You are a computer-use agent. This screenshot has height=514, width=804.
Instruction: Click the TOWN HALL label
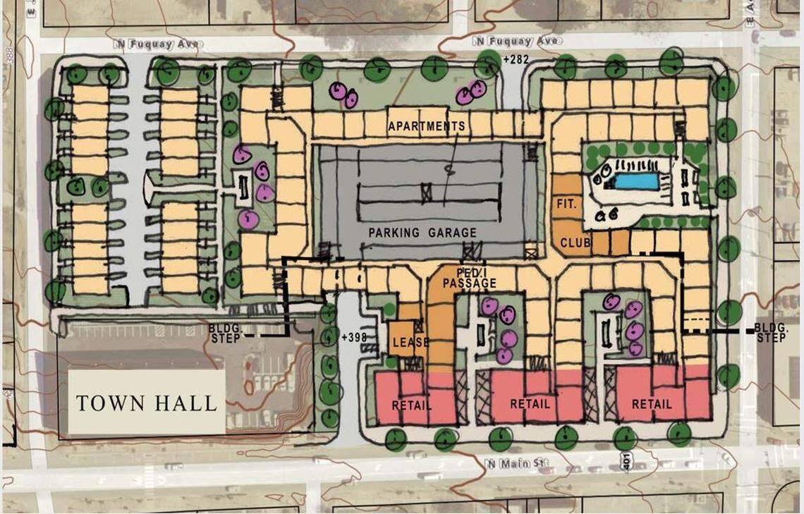tap(146, 403)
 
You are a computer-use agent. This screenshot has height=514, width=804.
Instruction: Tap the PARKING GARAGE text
tap(422, 233)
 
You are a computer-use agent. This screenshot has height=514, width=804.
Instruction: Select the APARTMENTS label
tap(426, 127)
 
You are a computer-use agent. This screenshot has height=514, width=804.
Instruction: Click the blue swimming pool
tap(635, 181)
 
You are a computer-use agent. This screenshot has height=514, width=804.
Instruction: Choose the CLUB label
tap(575, 243)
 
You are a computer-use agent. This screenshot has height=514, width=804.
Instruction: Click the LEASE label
tap(410, 343)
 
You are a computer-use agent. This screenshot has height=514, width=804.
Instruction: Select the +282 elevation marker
tap(516, 61)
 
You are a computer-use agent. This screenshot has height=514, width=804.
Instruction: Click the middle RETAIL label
tap(530, 405)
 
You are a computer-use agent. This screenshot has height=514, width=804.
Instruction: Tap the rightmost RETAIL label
tap(652, 405)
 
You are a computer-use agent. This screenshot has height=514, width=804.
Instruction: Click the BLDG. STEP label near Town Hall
tap(225, 334)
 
